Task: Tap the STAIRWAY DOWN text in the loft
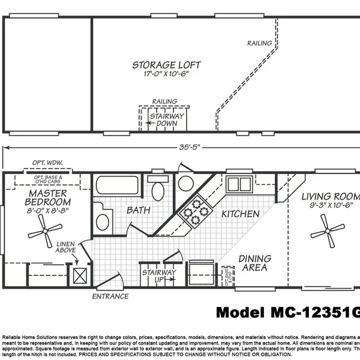163,118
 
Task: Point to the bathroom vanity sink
103,221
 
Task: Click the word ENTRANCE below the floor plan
110,296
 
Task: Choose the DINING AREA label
254,263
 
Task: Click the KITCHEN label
241,214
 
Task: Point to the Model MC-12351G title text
287,312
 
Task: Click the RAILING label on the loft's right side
260,43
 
